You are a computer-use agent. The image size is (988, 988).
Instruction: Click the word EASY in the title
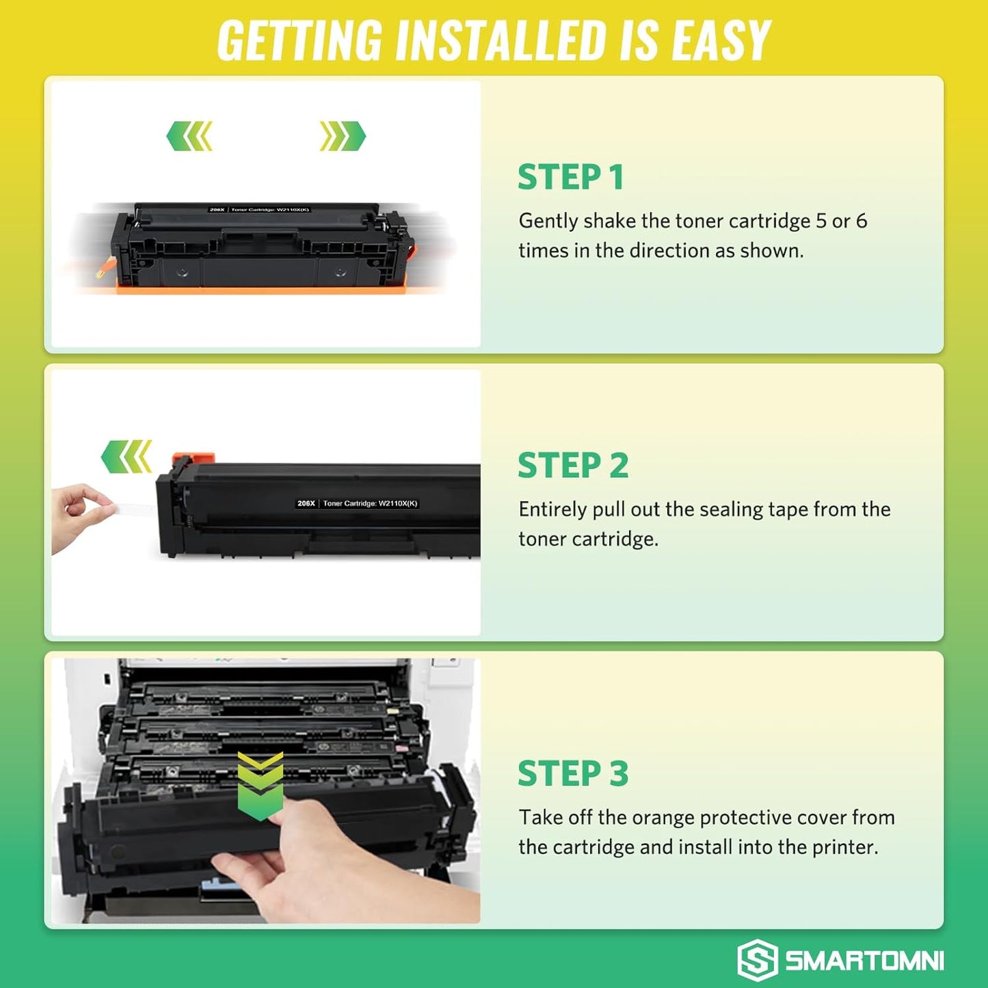pos(721,41)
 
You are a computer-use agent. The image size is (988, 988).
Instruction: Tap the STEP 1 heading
pos(571,177)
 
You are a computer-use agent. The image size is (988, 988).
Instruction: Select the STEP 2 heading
pos(573,466)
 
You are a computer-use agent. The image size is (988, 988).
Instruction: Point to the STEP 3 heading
pos(573,774)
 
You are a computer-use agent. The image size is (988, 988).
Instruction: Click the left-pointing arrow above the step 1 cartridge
pos(189,136)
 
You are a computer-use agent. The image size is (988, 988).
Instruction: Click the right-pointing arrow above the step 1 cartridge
pos(343,136)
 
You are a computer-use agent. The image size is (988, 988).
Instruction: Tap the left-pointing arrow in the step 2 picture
pos(126,457)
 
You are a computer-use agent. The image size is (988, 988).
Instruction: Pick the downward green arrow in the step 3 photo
pos(261,786)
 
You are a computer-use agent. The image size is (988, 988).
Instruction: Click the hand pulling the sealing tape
pos(79,516)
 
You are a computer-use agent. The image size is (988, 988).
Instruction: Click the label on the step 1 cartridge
pos(259,210)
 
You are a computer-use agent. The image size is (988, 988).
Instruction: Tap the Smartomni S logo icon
pos(757,959)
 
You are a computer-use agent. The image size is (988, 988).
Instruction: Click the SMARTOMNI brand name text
pos(864,961)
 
